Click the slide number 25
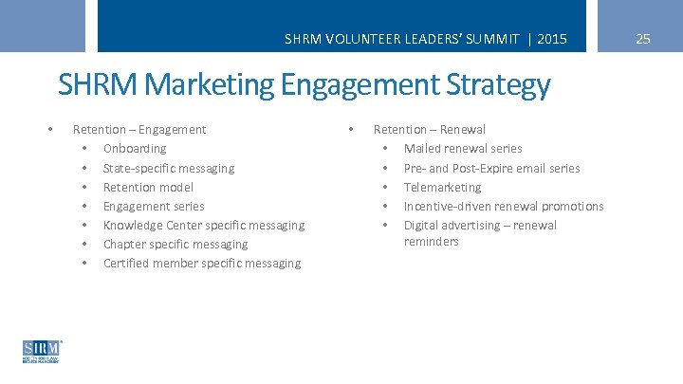click(643, 39)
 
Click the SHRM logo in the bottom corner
click(42, 351)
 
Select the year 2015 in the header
click(551, 39)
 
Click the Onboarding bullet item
click(135, 149)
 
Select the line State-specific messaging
click(169, 168)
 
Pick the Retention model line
click(148, 187)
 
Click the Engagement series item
click(154, 206)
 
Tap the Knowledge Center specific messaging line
click(204, 225)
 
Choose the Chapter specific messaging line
click(175, 244)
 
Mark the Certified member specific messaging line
click(202, 263)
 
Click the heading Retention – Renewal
click(430, 130)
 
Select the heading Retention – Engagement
click(139, 130)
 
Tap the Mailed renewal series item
click(463, 149)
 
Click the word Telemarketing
click(443, 187)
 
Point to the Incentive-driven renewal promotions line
click(504, 206)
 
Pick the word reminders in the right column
click(432, 242)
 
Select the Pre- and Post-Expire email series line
click(492, 168)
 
